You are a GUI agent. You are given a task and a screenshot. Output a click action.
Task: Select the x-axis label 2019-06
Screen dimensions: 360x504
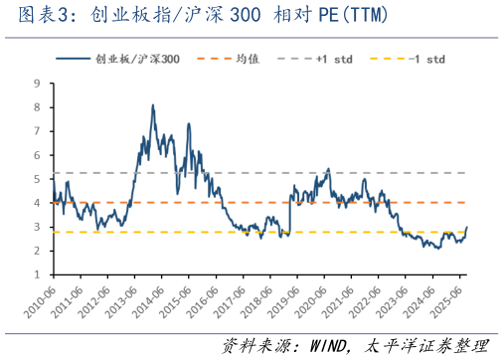pos(291,299)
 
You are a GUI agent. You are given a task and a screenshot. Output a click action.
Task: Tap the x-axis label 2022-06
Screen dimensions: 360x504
pos(376,299)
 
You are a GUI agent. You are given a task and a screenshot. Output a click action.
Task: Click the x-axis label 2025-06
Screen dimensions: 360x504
pos(459,299)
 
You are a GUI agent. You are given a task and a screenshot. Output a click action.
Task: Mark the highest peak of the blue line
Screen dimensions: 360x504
pos(152,104)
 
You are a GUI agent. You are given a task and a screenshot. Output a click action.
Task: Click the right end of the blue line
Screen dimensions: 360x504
pos(467,228)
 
